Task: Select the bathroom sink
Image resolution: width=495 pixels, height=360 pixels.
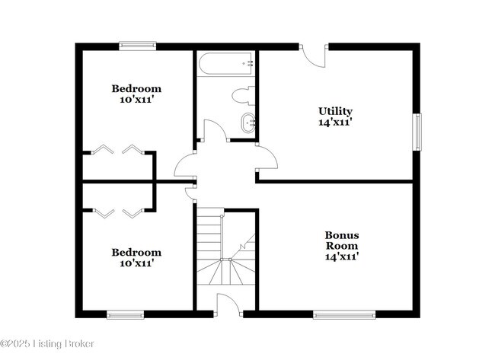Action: pyautogui.click(x=247, y=122)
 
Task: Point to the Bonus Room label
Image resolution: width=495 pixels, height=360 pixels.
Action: pyautogui.click(x=342, y=241)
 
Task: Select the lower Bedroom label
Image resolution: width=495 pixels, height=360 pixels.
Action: pyautogui.click(x=136, y=253)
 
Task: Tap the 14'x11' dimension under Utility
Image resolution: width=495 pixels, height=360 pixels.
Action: pyautogui.click(x=335, y=121)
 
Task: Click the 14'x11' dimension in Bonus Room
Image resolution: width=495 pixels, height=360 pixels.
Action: pyautogui.click(x=342, y=257)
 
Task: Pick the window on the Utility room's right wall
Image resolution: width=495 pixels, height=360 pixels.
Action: pyautogui.click(x=417, y=132)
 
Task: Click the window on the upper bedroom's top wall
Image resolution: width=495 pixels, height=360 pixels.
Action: pyautogui.click(x=137, y=46)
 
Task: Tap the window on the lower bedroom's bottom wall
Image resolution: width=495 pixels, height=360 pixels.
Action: pyautogui.click(x=125, y=314)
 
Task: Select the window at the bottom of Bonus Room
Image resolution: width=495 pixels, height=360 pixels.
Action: pyautogui.click(x=343, y=314)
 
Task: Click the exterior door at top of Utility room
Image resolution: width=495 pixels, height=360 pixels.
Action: pyautogui.click(x=314, y=54)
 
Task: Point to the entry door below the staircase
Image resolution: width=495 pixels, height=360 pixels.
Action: pyautogui.click(x=228, y=304)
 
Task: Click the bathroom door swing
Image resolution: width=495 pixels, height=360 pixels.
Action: pyautogui.click(x=216, y=131)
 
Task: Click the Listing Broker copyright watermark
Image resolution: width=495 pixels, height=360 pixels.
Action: pyautogui.click(x=47, y=344)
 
